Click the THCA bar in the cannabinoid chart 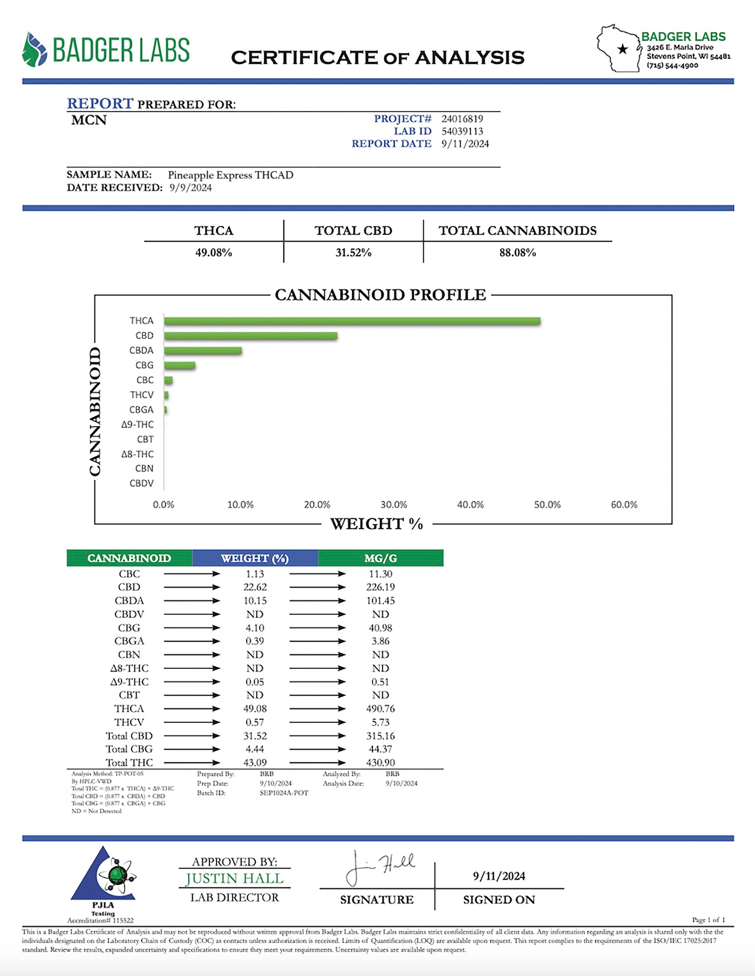click(352, 321)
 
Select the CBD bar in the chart click(250, 336)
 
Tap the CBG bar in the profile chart click(180, 365)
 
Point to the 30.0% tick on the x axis click(393, 504)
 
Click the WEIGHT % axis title click(377, 524)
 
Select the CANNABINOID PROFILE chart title click(380, 295)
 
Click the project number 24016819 click(462, 119)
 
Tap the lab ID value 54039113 click(462, 132)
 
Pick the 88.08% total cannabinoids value click(517, 253)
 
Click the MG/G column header click(381, 558)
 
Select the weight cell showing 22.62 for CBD click(255, 587)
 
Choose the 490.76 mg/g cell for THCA click(381, 709)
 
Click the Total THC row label click(129, 763)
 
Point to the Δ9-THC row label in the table click(129, 682)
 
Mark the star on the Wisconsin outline click(622, 49)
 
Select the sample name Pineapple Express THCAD click(230, 175)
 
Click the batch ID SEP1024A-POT click(284, 793)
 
